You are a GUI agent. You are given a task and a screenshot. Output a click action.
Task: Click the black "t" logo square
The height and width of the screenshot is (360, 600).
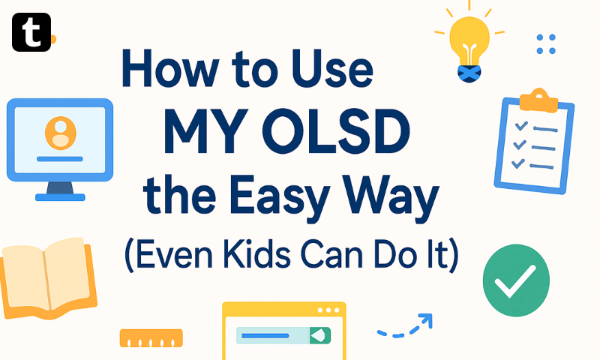(x=31, y=32)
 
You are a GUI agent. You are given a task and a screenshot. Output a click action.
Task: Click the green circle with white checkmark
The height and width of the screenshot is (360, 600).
(x=516, y=280)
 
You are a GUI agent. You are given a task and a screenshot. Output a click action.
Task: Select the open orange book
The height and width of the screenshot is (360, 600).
(x=47, y=277)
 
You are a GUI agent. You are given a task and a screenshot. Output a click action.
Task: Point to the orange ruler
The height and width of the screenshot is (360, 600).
(x=151, y=338)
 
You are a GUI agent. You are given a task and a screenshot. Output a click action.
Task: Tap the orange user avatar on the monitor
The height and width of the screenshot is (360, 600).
(x=61, y=133)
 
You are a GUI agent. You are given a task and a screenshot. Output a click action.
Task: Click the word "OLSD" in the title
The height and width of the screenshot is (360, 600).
(x=335, y=131)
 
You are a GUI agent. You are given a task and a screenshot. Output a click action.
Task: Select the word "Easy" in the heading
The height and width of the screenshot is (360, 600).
(x=280, y=197)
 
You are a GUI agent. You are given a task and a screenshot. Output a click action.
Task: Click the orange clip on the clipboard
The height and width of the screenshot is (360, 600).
(x=538, y=100)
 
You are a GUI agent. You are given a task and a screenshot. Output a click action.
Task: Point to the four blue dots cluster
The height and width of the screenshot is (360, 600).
(x=546, y=44)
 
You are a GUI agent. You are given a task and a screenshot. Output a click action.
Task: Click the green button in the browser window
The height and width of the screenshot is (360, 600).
(x=320, y=335)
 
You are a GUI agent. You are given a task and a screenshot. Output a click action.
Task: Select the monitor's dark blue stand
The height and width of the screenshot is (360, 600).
(x=60, y=187)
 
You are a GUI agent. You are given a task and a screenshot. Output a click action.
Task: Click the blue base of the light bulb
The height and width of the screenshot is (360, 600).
(x=469, y=73)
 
